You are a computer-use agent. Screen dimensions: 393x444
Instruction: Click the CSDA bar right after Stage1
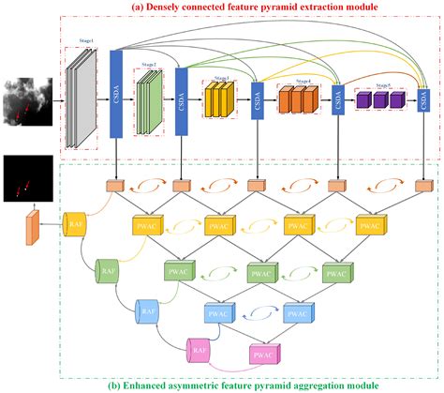116,92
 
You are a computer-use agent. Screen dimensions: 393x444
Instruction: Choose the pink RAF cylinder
199,350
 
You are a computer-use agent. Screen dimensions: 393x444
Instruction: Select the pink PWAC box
265,355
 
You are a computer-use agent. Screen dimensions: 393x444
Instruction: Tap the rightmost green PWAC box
333,271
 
